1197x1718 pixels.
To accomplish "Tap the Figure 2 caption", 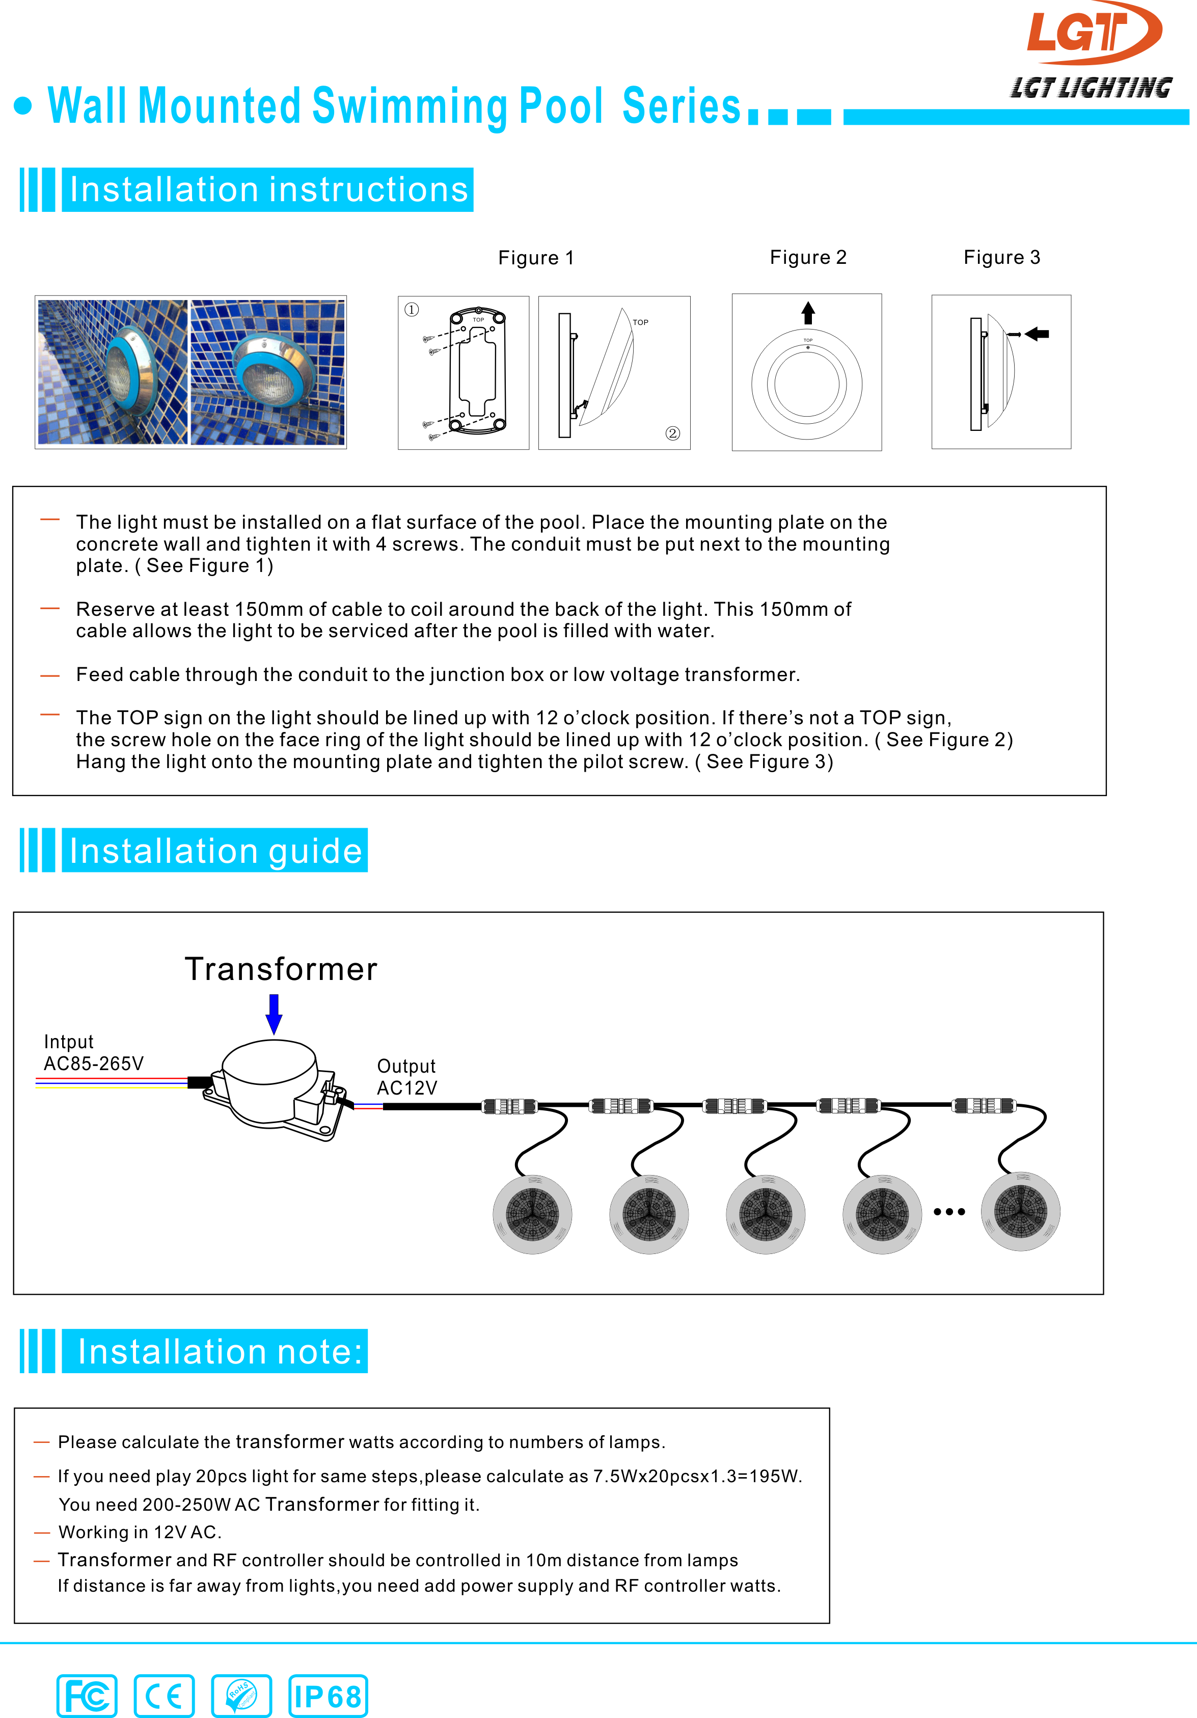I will (x=808, y=257).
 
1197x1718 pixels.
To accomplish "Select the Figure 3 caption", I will (x=1002, y=257).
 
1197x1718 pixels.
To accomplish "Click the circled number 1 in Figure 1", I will (x=412, y=310).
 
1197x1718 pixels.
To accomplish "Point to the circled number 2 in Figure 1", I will (x=672, y=433).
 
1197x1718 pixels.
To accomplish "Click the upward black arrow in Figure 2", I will (x=808, y=313).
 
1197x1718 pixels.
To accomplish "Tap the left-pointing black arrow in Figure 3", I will (x=1037, y=334).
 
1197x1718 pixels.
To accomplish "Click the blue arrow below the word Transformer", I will (x=275, y=1014).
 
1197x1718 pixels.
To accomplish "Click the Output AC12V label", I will (x=406, y=1077).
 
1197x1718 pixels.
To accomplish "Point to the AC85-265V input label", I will (x=94, y=1063).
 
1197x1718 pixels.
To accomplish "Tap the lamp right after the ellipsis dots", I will (x=1020, y=1211).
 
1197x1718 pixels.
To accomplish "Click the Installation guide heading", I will (x=215, y=851).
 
